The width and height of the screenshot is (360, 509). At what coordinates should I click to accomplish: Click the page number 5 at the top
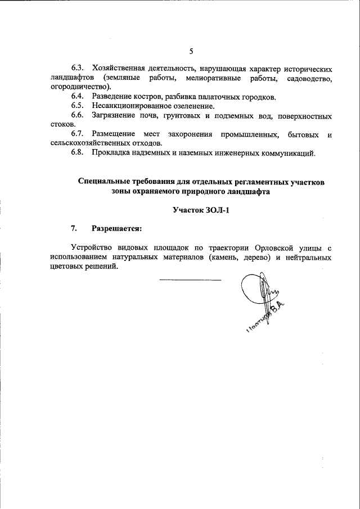[191, 52]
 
